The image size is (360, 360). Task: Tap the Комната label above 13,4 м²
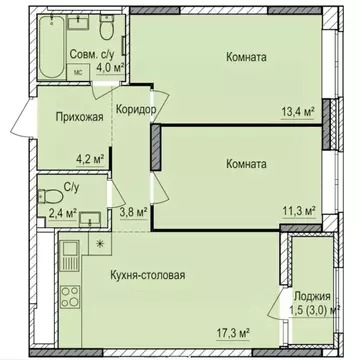pos(245,57)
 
